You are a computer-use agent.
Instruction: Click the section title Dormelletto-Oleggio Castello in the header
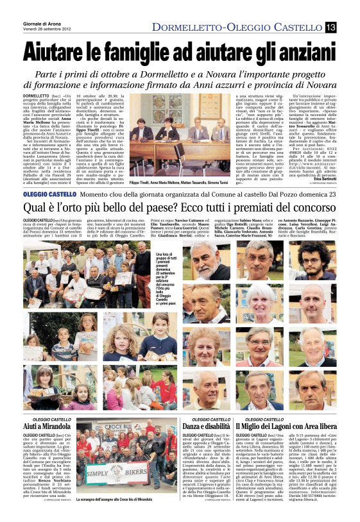click(x=237, y=26)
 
